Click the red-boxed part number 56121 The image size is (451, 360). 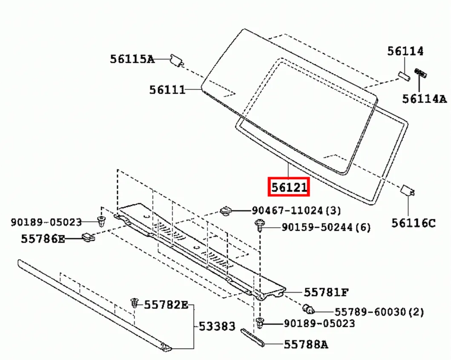coord(288,187)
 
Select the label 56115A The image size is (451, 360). coord(132,59)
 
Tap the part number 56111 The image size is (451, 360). coord(167,90)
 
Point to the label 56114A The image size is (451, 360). coord(424,99)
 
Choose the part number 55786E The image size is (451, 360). coord(43,239)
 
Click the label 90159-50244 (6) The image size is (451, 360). coord(326,228)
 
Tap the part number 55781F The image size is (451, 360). coord(326,293)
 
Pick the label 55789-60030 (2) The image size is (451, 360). coord(379,312)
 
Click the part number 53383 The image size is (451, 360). coord(217,326)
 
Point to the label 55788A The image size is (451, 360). coord(306,344)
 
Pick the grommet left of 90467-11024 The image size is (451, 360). coord(226,209)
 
